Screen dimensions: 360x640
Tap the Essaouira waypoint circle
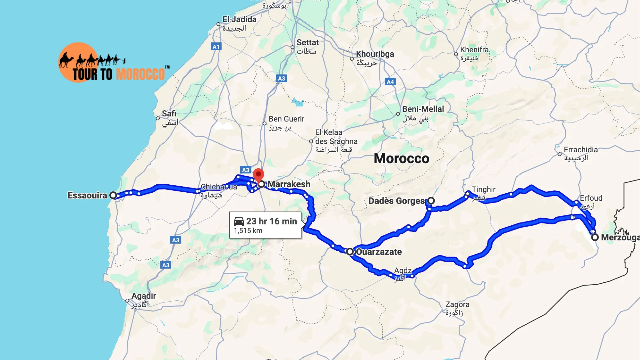tap(113, 195)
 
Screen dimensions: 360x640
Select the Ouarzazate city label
tap(379, 252)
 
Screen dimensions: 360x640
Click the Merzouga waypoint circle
tap(595, 237)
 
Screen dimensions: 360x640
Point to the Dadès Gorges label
tap(396, 201)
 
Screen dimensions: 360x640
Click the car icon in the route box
tap(239, 221)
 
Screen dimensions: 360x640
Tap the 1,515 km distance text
tap(248, 231)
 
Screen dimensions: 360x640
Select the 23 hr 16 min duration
tap(271, 221)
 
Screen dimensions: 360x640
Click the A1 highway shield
tap(216, 47)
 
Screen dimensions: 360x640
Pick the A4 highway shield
tap(390, 82)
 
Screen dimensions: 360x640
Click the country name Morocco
tap(401, 158)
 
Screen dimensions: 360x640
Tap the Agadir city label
tap(143, 296)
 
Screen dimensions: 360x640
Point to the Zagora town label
tap(457, 305)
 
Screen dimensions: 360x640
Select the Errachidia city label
tap(580, 150)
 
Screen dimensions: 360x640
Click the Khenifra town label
tap(474, 50)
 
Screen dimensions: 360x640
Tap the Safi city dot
tap(158, 118)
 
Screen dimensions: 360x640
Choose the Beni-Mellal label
tap(423, 109)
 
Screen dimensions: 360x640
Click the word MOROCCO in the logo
tap(140, 74)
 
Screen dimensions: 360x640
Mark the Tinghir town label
tap(483, 190)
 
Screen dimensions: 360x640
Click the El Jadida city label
tap(239, 20)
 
